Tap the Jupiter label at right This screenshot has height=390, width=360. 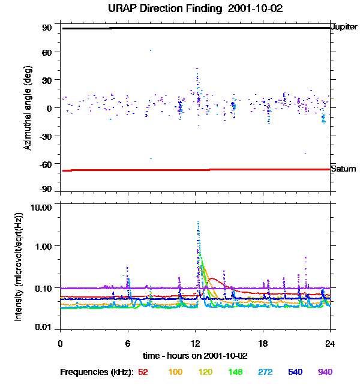pyautogui.click(x=344, y=27)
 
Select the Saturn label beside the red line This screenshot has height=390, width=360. pyautogui.click(x=343, y=169)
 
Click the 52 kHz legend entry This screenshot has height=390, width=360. pyautogui.click(x=143, y=372)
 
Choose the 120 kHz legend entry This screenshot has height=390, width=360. pyautogui.click(x=206, y=372)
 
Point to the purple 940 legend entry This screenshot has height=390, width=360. pyautogui.click(x=325, y=372)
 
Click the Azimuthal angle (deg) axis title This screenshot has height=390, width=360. pyautogui.click(x=27, y=108)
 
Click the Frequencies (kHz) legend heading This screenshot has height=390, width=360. pyautogui.click(x=97, y=372)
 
